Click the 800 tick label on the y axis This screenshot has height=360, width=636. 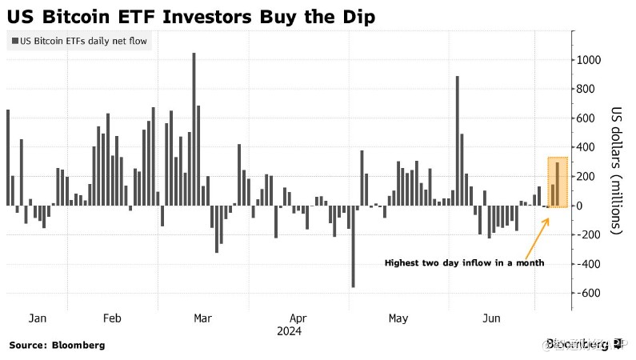tap(589, 90)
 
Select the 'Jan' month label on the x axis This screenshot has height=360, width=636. tap(38, 318)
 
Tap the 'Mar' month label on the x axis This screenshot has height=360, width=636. tap(202, 318)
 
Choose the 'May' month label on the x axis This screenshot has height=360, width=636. tap(398, 318)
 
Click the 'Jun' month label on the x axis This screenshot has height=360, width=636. tap(491, 318)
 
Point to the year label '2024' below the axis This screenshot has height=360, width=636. tap(289, 330)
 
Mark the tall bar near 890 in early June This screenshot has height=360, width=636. tap(457, 140)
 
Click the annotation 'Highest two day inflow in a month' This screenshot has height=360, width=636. tap(464, 262)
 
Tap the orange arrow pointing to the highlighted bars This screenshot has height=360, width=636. tap(534, 234)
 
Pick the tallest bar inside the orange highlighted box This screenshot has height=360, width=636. tap(558, 184)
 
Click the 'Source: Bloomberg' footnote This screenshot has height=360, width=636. tap(57, 346)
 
